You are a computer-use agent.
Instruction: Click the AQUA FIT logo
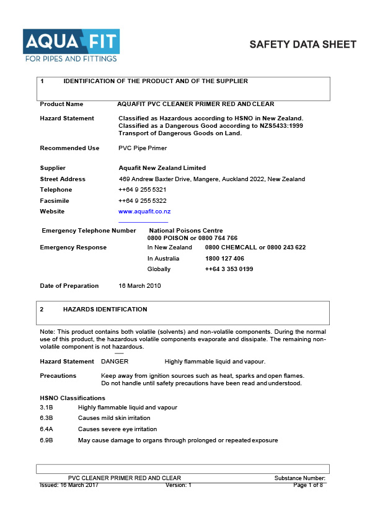[x=71, y=45]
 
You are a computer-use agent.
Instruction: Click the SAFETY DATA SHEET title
[x=302, y=45]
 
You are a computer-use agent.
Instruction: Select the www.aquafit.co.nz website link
[x=144, y=212]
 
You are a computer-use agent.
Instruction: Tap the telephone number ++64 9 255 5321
[x=142, y=189]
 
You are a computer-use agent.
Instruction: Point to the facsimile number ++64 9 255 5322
[x=142, y=200]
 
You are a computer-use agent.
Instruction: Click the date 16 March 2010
[x=139, y=286]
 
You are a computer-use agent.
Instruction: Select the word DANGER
[x=115, y=362]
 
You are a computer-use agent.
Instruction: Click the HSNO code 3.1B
[x=46, y=408]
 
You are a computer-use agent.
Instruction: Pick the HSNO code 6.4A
[x=46, y=429]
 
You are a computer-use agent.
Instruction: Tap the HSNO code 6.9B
[x=46, y=440]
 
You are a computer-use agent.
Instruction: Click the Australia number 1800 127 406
[x=224, y=258]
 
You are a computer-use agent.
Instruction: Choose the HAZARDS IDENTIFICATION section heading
[x=105, y=309]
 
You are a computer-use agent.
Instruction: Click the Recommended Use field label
[x=69, y=148]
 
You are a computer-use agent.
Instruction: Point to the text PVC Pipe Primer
[x=143, y=148]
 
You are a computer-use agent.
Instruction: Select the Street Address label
[x=63, y=179]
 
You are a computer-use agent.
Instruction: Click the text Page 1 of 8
[x=308, y=485]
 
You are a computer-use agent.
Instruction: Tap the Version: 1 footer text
[x=179, y=485]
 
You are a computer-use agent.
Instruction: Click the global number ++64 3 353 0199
[x=229, y=269]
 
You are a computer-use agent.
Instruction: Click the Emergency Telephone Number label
[x=89, y=230]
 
